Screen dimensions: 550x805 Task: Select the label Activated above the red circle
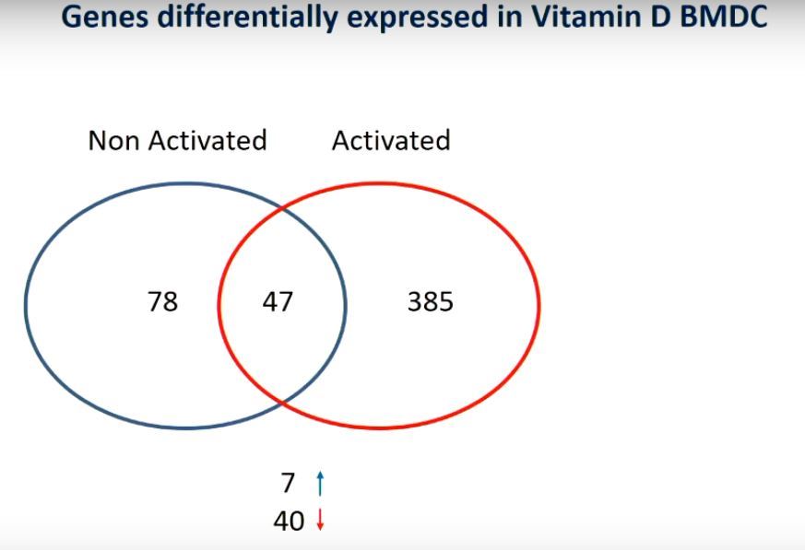tap(391, 140)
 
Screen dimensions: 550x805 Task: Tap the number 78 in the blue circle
tap(162, 301)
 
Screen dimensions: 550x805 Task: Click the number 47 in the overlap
tap(278, 301)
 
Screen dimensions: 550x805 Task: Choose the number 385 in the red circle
tap(431, 301)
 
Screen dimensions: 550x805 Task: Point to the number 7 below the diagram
tap(289, 482)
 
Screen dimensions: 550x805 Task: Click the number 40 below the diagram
tap(289, 521)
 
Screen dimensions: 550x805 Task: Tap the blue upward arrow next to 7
tap(320, 482)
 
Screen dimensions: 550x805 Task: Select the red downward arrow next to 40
tap(320, 521)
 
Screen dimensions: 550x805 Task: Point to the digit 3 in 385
tap(415, 301)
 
